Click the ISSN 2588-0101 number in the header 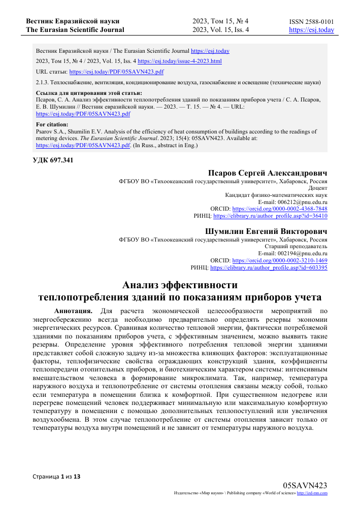311,22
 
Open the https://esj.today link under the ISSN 311,30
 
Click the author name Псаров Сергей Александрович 268,173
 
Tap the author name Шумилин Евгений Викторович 266,231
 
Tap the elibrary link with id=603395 268,267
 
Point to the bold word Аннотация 73,310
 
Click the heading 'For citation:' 52,124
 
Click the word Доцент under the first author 317,187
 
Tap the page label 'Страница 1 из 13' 56,477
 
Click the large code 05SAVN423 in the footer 305,485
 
